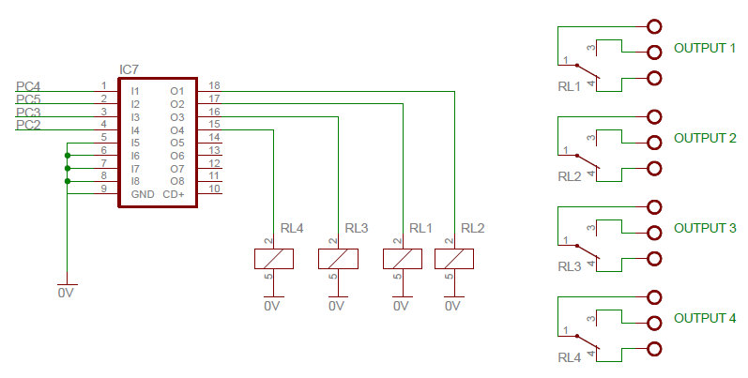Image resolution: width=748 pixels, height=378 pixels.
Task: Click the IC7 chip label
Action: click(130, 70)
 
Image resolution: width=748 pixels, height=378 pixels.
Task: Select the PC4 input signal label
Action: click(28, 86)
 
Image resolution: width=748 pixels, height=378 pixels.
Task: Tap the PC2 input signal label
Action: click(28, 125)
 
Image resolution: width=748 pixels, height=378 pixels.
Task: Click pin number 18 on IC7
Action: click(214, 85)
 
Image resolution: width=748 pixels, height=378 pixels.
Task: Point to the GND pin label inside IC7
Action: click(143, 194)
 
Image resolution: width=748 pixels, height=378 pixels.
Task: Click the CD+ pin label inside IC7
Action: click(174, 194)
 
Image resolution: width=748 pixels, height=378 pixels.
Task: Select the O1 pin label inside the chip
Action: click(176, 91)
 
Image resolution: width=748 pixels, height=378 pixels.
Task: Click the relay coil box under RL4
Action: click(274, 259)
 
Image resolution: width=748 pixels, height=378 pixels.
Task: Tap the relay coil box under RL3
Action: click(338, 259)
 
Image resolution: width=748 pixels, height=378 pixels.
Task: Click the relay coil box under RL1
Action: click(402, 259)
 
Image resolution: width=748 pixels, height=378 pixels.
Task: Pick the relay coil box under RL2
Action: click(453, 259)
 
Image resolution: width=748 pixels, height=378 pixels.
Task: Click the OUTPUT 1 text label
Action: click(705, 48)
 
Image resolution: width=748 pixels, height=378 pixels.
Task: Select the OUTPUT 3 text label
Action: click(705, 228)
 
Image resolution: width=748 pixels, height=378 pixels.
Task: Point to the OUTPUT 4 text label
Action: click(705, 318)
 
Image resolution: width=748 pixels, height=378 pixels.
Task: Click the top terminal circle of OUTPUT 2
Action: click(654, 117)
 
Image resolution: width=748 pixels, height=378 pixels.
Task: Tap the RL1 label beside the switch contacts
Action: click(569, 85)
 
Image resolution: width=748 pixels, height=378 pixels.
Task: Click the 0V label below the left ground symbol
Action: click(66, 294)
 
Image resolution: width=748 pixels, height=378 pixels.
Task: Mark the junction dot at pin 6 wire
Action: click(68, 156)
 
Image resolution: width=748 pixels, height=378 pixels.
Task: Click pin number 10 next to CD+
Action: click(214, 189)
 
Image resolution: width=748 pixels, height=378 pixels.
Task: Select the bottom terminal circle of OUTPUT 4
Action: click(654, 349)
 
